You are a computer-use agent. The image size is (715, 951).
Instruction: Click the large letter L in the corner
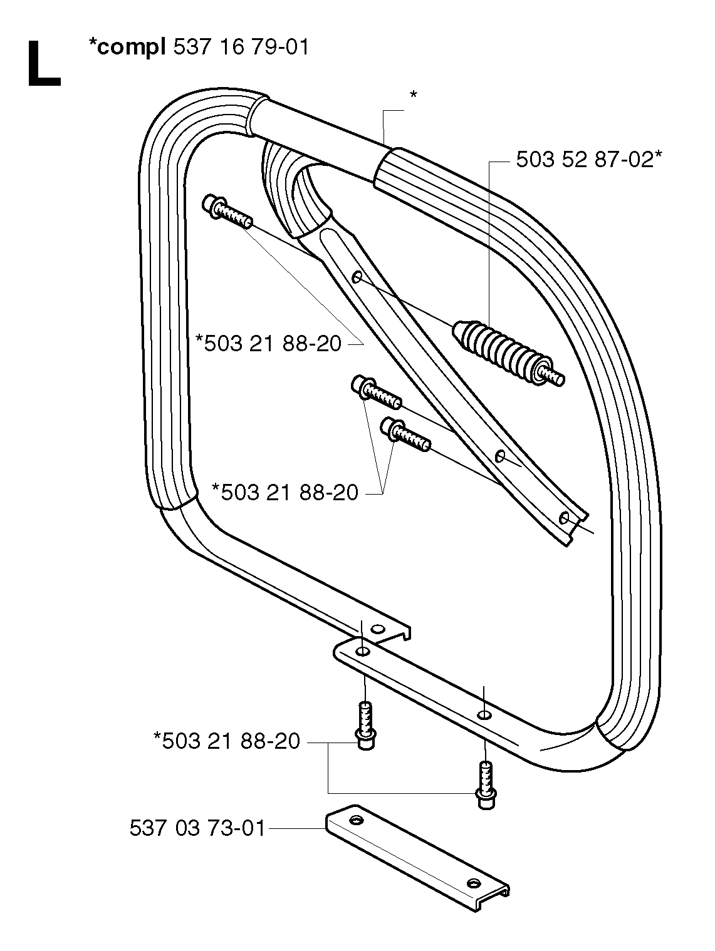(x=44, y=64)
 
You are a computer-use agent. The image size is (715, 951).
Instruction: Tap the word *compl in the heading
(x=127, y=47)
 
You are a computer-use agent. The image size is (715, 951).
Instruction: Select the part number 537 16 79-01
(x=241, y=46)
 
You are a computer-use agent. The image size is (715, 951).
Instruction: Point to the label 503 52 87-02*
(x=589, y=160)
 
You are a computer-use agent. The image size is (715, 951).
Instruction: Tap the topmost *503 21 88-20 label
(x=269, y=344)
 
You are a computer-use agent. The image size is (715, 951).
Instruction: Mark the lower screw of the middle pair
(x=405, y=434)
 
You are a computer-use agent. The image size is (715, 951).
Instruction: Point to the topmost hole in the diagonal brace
(x=357, y=277)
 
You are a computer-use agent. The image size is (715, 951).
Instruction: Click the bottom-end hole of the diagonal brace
(x=564, y=518)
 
